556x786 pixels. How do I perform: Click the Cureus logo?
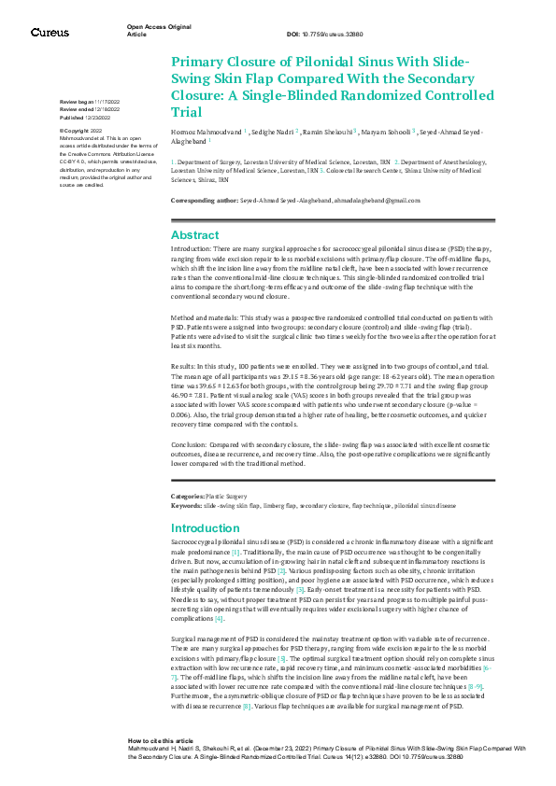pos(50,33)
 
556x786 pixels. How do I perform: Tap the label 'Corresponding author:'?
pos(204,201)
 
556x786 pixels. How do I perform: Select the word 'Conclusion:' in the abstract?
pos(191,444)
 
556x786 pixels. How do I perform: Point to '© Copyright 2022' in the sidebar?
pos(81,131)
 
